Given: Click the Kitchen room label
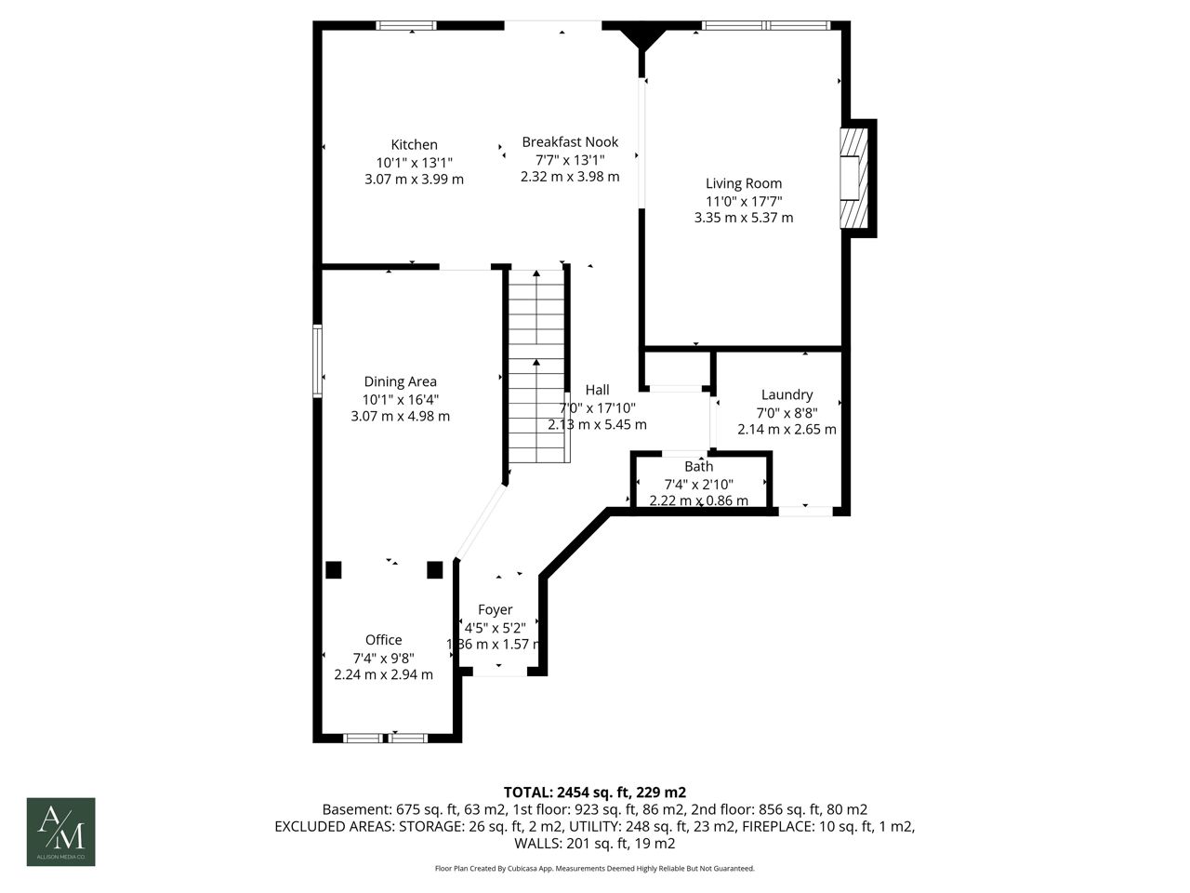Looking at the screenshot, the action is click(414, 145).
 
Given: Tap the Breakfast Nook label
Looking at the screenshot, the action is click(570, 142).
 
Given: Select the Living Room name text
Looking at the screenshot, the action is click(743, 184).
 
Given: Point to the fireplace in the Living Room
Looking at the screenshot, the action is click(853, 179).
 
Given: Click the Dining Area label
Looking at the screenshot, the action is click(400, 381).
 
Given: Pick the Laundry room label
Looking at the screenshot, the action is click(787, 395).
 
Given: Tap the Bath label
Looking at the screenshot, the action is click(699, 466).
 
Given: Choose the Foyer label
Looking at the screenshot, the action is click(495, 610).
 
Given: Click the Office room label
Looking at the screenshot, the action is click(383, 640).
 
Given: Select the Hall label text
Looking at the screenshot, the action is click(597, 390).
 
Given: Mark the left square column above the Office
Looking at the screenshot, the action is click(334, 570).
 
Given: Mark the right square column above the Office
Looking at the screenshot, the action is click(435, 570).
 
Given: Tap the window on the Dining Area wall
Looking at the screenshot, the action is click(318, 361).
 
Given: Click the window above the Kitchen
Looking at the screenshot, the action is click(406, 25).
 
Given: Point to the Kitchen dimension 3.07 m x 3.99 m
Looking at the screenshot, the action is click(414, 180).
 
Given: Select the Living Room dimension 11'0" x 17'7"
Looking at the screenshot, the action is click(743, 202).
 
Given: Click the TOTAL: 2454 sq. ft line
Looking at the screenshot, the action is click(595, 793).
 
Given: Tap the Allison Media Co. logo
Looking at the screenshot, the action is click(60, 832).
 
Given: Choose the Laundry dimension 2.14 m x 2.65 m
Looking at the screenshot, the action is click(787, 430).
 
